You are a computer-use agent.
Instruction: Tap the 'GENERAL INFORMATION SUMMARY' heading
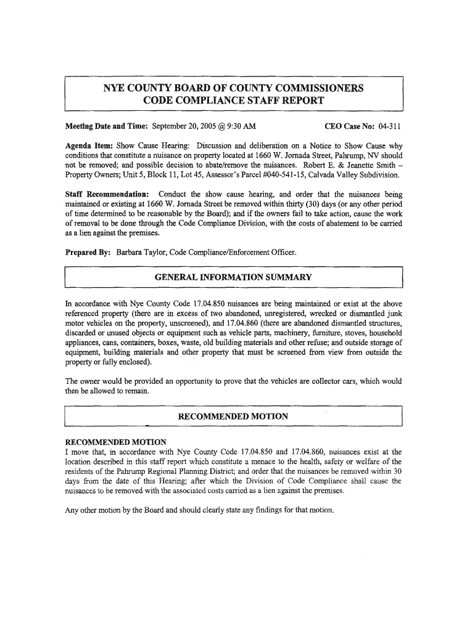(x=233, y=278)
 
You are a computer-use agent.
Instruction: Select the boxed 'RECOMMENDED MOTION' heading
(x=233, y=417)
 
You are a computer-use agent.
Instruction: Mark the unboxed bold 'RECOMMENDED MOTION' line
(x=116, y=442)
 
